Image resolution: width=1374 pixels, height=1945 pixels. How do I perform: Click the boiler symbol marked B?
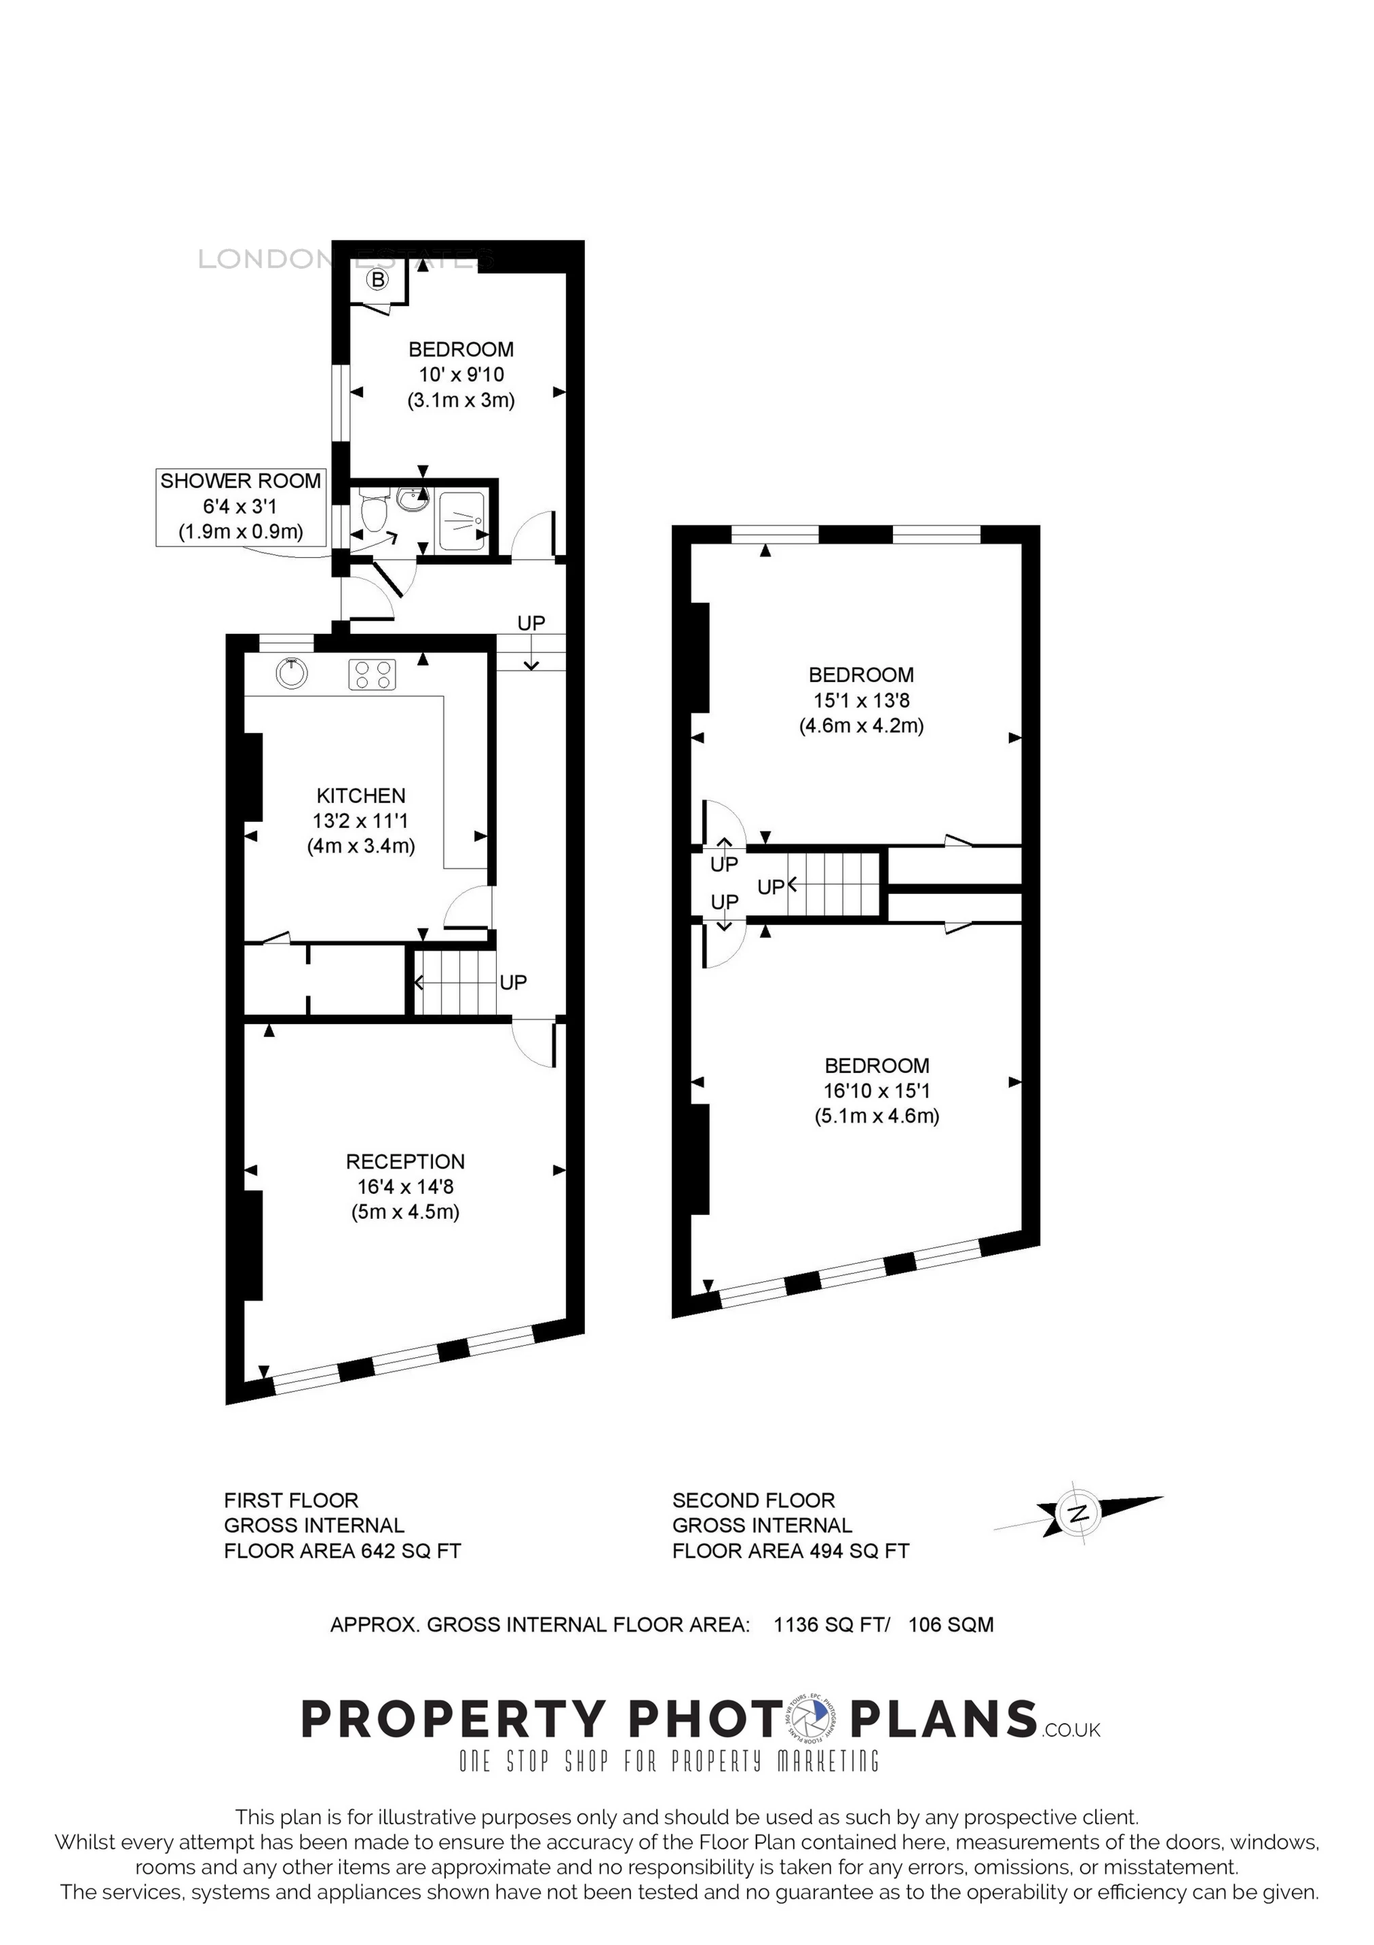click(379, 279)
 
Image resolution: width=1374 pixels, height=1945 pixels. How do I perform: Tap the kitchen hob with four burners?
click(373, 675)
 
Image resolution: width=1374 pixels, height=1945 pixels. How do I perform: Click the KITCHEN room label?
click(361, 795)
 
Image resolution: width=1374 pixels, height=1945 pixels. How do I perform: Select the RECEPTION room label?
click(405, 1161)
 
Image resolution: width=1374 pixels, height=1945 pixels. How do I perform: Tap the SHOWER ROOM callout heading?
click(241, 481)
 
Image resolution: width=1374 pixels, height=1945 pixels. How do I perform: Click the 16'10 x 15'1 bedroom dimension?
click(877, 1091)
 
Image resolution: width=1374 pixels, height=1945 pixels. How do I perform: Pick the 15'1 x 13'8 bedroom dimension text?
click(860, 700)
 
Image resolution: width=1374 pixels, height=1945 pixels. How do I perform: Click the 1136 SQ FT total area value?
click(830, 1625)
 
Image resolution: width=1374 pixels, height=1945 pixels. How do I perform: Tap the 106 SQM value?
click(951, 1625)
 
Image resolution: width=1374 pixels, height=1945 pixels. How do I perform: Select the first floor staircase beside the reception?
click(454, 983)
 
